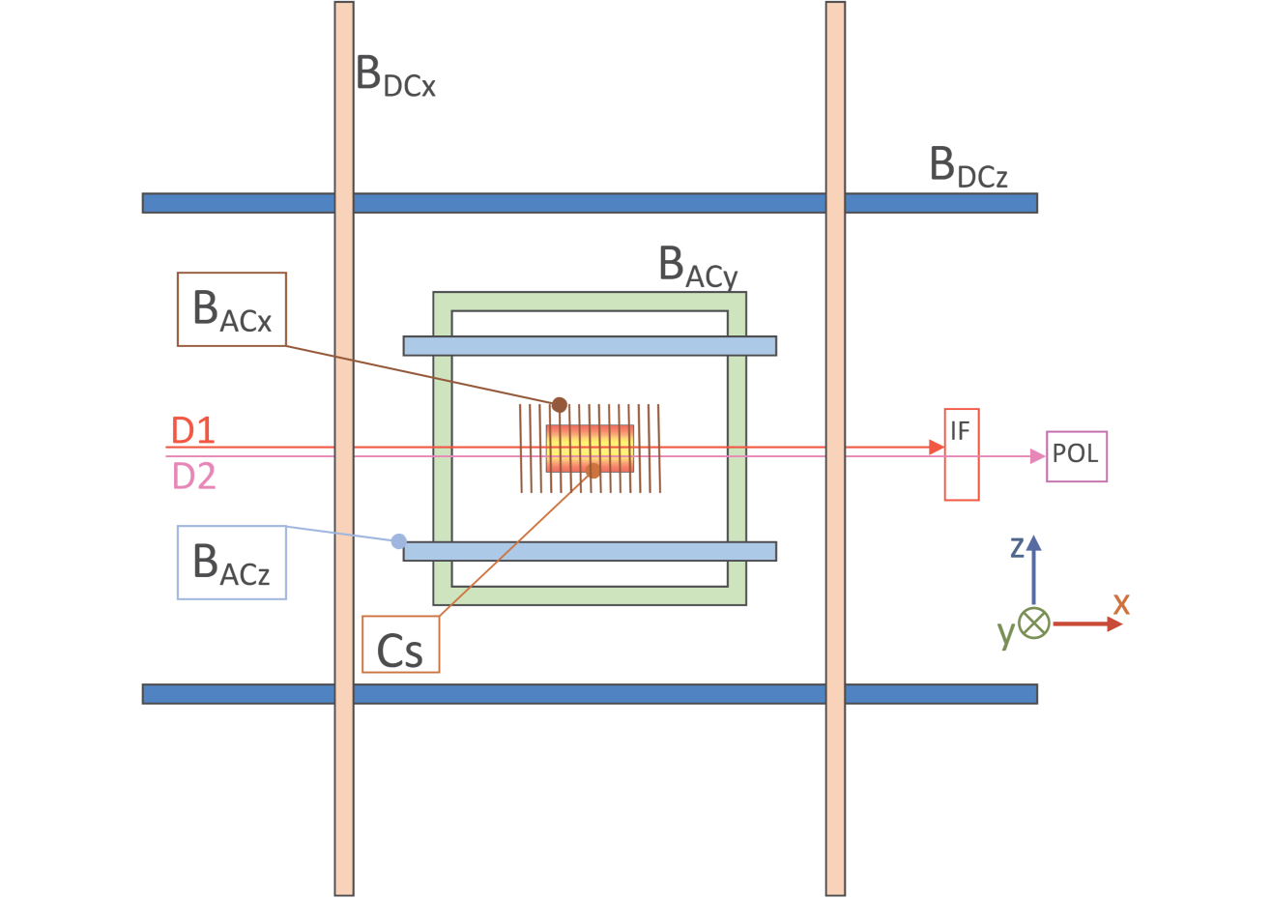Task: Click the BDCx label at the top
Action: click(395, 74)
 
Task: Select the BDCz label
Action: click(968, 166)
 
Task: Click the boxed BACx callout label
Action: click(232, 309)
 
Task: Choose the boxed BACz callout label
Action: click(232, 563)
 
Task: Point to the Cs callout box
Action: click(400, 645)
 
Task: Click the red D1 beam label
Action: click(192, 430)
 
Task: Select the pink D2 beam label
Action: click(193, 476)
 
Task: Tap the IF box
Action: click(961, 454)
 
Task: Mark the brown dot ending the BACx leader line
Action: click(559, 404)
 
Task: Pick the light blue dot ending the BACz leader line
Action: click(398, 541)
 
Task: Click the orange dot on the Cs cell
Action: click(593, 470)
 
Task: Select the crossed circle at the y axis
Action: click(1034, 623)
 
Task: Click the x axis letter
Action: click(1121, 604)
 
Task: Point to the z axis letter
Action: click(1017, 548)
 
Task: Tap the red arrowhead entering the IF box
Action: click(936, 448)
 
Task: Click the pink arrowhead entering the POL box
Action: click(1038, 456)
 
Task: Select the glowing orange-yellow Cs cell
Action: click(590, 449)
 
